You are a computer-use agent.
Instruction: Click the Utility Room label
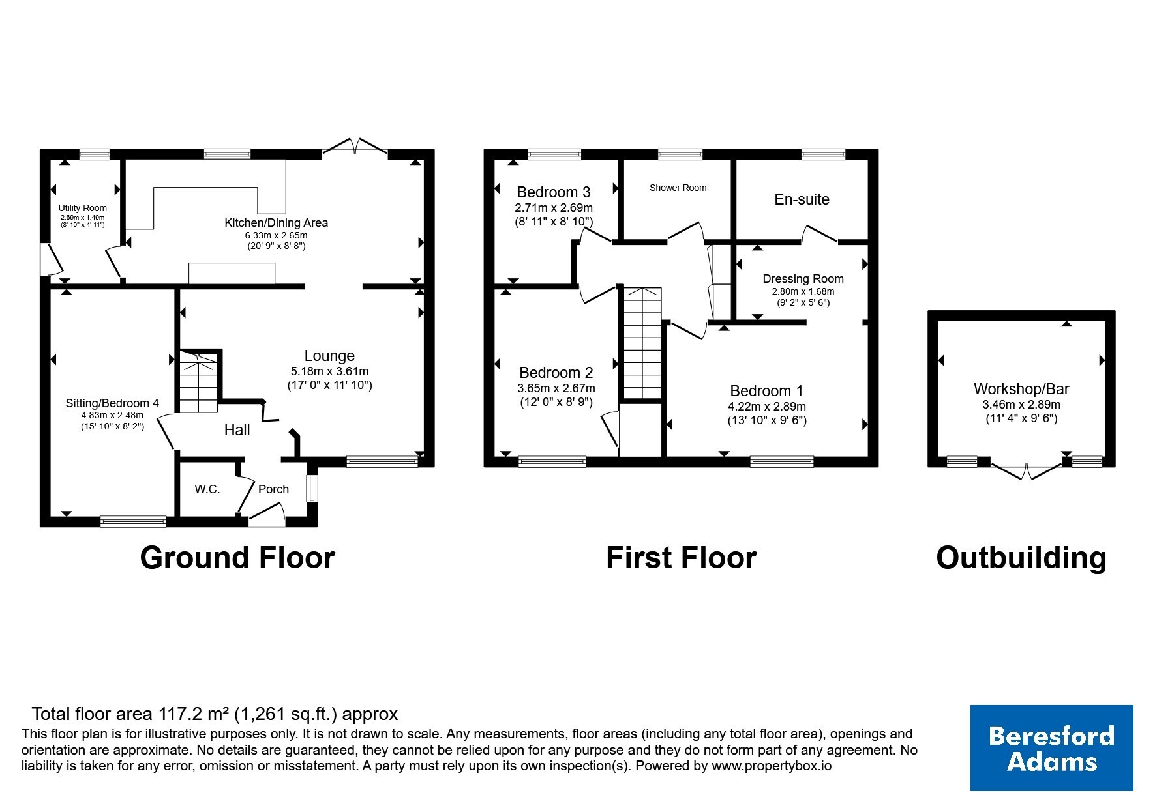pyautogui.click(x=83, y=208)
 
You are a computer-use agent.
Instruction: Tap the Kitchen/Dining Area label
pyautogui.click(x=277, y=222)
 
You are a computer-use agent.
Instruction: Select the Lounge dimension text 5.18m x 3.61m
pyautogui.click(x=329, y=371)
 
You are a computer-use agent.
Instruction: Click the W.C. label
pyautogui.click(x=207, y=489)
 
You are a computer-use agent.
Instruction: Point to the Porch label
pyautogui.click(x=273, y=489)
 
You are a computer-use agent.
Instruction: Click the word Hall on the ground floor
pyautogui.click(x=237, y=430)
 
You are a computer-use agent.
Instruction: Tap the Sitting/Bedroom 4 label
pyautogui.click(x=112, y=403)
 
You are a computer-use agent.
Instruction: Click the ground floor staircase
pyautogui.click(x=198, y=382)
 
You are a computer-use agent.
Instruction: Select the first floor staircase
pyautogui.click(x=643, y=343)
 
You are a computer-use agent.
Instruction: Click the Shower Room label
pyautogui.click(x=678, y=188)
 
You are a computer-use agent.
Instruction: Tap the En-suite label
pyautogui.click(x=802, y=199)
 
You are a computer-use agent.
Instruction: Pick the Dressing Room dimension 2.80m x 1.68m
pyautogui.click(x=803, y=291)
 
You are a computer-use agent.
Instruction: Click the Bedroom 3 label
pyautogui.click(x=554, y=192)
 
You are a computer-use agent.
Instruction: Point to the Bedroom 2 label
pyautogui.click(x=556, y=373)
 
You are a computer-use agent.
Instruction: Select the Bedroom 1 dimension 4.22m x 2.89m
pyautogui.click(x=767, y=407)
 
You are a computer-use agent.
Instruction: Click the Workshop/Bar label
pyautogui.click(x=1021, y=389)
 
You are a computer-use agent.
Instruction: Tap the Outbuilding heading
pyautogui.click(x=1021, y=558)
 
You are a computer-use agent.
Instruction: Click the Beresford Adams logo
pyautogui.click(x=1051, y=748)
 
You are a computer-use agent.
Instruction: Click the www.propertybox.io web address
pyautogui.click(x=772, y=766)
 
